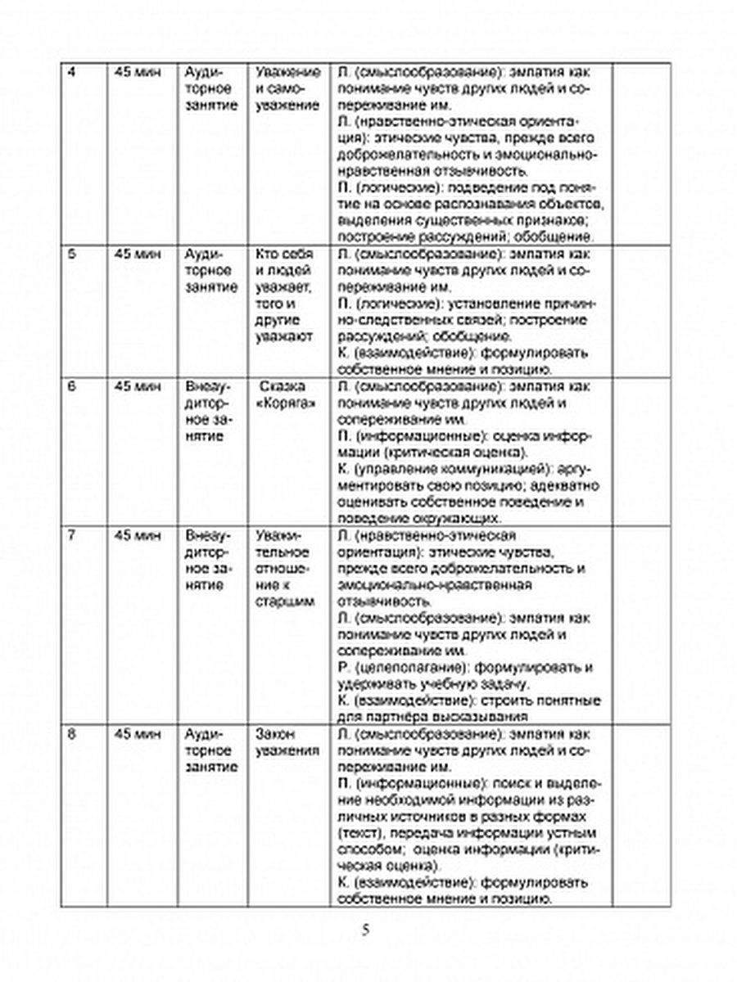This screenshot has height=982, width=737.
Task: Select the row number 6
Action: (70, 386)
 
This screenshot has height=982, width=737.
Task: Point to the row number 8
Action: (70, 733)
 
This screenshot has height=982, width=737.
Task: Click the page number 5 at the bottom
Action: (368, 930)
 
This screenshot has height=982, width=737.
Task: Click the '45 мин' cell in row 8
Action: (133, 733)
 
